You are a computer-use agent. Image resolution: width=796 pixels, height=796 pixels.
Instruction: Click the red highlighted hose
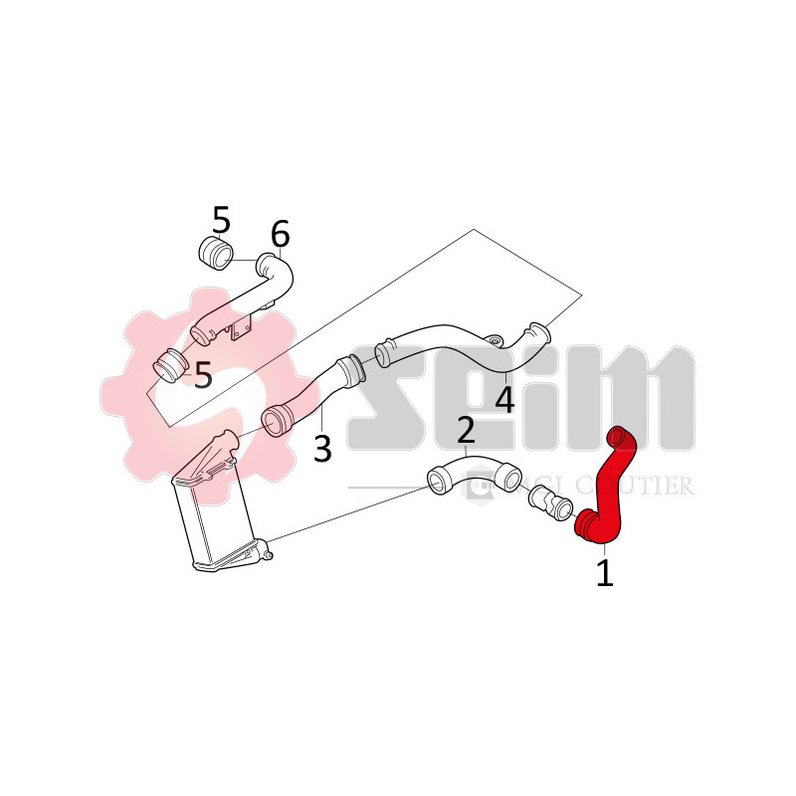609,488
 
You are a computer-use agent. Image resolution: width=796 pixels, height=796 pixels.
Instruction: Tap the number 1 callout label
604,573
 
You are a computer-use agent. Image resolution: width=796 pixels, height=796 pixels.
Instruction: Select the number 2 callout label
466,432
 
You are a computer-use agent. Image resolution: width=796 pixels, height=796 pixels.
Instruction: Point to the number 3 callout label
321,448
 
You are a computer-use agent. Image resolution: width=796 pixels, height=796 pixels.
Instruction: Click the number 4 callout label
504,400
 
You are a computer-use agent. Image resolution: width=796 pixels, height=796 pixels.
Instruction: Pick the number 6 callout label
280,235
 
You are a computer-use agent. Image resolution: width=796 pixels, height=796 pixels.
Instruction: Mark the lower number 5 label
203,375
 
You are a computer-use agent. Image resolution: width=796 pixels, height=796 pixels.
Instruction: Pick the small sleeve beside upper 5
217,253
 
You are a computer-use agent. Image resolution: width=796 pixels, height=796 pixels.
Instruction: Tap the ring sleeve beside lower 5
170,366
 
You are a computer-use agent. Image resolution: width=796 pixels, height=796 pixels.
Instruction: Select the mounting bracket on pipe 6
242,329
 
